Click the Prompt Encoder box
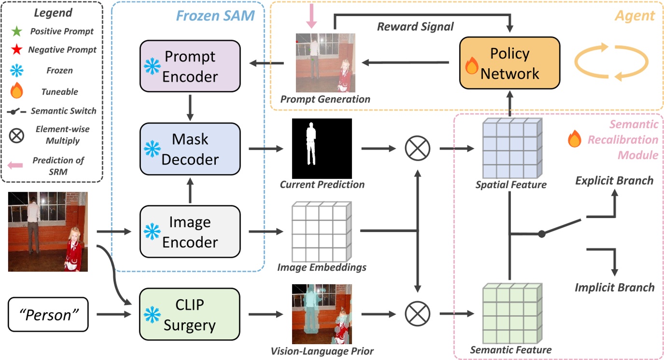coord(190,66)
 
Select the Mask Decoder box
coord(190,149)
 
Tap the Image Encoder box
coord(190,231)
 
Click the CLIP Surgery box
coord(190,314)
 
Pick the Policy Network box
coord(509,63)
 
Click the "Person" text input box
coord(49,315)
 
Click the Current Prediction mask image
coord(322,148)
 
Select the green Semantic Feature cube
coord(512,314)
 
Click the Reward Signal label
coord(415,27)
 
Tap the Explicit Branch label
coord(614,181)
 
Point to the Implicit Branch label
coord(614,288)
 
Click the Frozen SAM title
coord(215,15)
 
